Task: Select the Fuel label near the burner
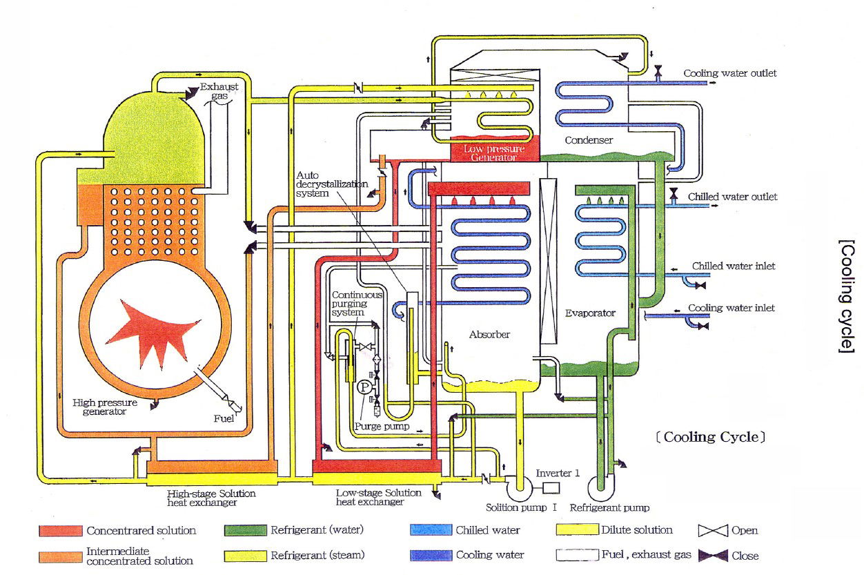(224, 418)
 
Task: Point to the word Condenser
(589, 140)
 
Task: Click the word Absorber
(489, 335)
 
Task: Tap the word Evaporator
(590, 313)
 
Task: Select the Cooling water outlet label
(730, 73)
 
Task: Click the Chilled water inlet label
(733, 266)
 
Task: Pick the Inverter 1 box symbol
(551, 487)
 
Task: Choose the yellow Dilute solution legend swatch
(576, 530)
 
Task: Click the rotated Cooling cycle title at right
(846, 297)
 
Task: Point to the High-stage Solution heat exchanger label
(211, 498)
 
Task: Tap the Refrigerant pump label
(609, 508)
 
